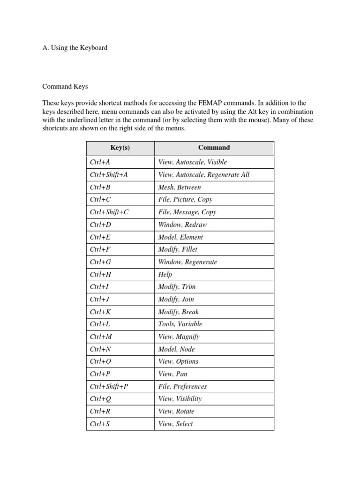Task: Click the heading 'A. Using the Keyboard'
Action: pyautogui.click(x=75, y=48)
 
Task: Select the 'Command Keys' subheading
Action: pyautogui.click(x=65, y=87)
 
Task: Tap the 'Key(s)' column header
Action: pyautogui.click(x=120, y=148)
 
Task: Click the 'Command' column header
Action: pyautogui.click(x=214, y=148)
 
